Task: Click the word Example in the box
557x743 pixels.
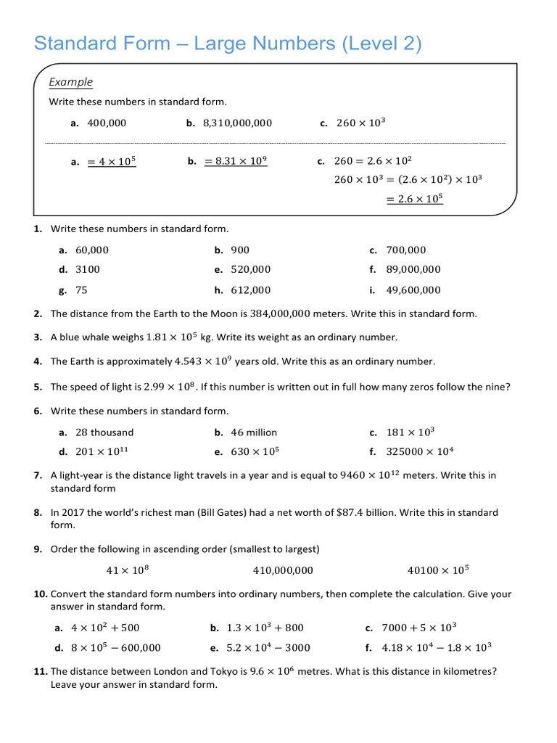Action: point(70,82)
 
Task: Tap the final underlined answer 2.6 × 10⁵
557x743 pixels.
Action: point(414,199)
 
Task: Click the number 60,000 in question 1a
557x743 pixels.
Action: point(92,250)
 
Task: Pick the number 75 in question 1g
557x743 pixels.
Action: point(81,290)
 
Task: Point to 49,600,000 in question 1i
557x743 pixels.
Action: point(413,290)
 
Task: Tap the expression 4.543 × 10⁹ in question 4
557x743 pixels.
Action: point(203,361)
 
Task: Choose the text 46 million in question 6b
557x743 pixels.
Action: point(254,432)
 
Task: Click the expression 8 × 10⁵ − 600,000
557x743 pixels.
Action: point(117,647)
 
